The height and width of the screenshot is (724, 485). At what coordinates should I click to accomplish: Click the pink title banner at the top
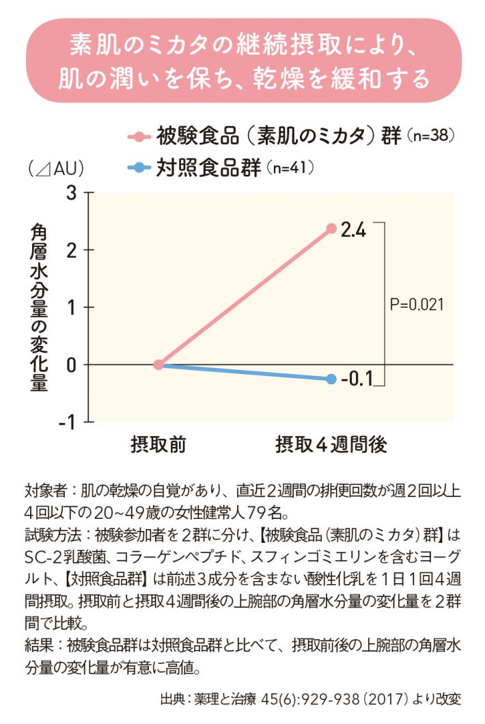pos(242,62)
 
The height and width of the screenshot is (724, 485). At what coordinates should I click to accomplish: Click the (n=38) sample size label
pos(430,135)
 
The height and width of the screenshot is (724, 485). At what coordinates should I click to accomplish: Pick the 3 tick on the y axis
pos(71,193)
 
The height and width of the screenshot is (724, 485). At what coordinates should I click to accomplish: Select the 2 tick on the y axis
pos(71,250)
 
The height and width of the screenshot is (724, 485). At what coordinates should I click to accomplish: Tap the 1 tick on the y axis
pos(71,308)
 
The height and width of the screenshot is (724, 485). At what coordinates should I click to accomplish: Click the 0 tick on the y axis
pos(71,365)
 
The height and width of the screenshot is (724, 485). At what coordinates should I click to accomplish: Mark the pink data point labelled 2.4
pos(331,228)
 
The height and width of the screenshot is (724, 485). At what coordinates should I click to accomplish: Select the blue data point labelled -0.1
pos(331,379)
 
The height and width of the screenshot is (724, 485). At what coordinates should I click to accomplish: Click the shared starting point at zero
pos(158,364)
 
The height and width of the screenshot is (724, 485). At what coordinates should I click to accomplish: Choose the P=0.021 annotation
pos(417,304)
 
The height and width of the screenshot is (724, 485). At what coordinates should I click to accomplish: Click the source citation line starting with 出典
pos(311,699)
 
